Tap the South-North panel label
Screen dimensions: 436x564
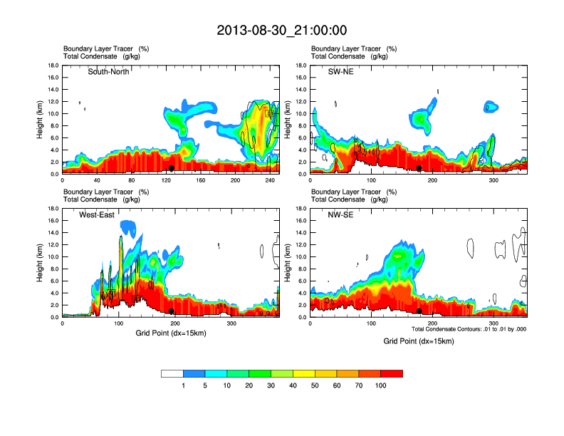pyautogui.click(x=108, y=72)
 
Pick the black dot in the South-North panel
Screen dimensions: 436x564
pyautogui.click(x=172, y=168)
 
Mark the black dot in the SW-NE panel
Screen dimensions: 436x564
pyautogui.click(x=419, y=168)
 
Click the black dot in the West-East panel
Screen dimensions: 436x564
pyautogui.click(x=172, y=311)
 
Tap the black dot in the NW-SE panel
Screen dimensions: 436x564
pyautogui.click(x=419, y=311)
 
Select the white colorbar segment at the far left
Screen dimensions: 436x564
pyautogui.click(x=172, y=373)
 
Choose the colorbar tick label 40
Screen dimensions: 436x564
pyautogui.click(x=293, y=385)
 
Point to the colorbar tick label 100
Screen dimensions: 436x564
pyautogui.click(x=381, y=385)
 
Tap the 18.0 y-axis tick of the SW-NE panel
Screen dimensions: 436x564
pyautogui.click(x=301, y=66)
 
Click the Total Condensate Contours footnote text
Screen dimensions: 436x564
pyautogui.click(x=469, y=328)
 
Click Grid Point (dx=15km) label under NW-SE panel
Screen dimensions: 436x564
pyautogui.click(x=418, y=341)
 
